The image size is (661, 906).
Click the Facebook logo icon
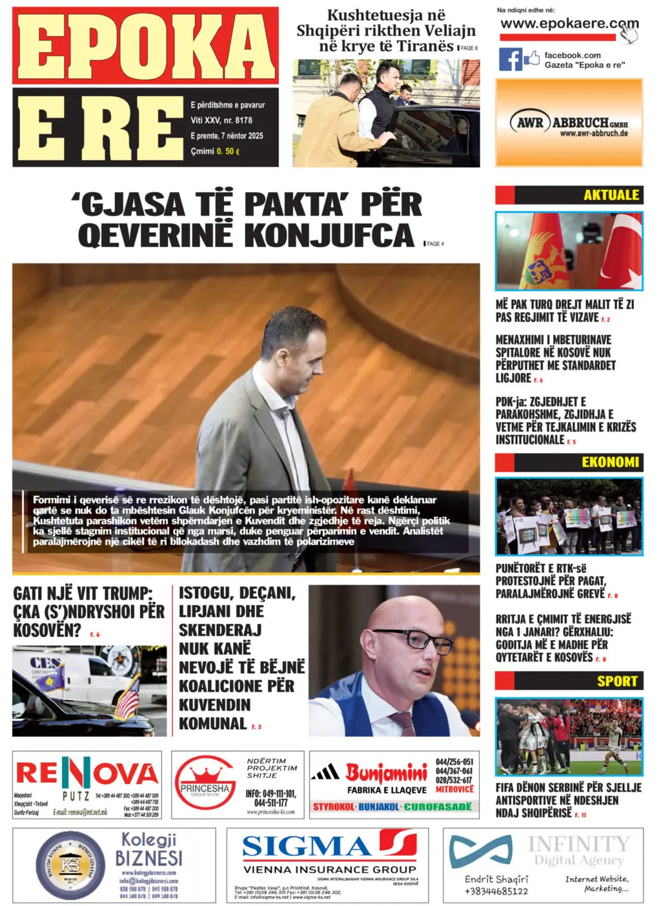coord(510,59)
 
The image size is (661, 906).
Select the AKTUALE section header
coord(611,195)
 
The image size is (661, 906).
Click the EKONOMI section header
coord(610,462)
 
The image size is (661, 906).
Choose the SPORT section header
coord(616,681)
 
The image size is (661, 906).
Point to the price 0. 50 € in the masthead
coord(228,152)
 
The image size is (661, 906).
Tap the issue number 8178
coord(244,121)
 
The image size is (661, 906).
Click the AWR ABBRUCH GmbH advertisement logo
coord(569,123)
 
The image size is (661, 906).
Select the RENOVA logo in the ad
coord(86,772)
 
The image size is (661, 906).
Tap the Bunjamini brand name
coord(386,772)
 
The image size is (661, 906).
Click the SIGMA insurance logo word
coord(307,846)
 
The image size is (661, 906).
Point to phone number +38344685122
coord(496,891)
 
